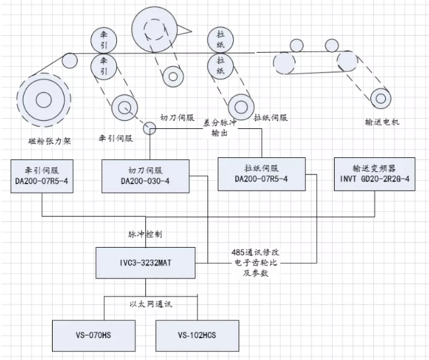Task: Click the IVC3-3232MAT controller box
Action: pyautogui.click(x=144, y=263)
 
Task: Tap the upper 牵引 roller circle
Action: pyautogui.click(x=103, y=38)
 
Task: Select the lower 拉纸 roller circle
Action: pyautogui.click(x=220, y=65)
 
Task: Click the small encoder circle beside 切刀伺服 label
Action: pyautogui.click(x=150, y=129)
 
